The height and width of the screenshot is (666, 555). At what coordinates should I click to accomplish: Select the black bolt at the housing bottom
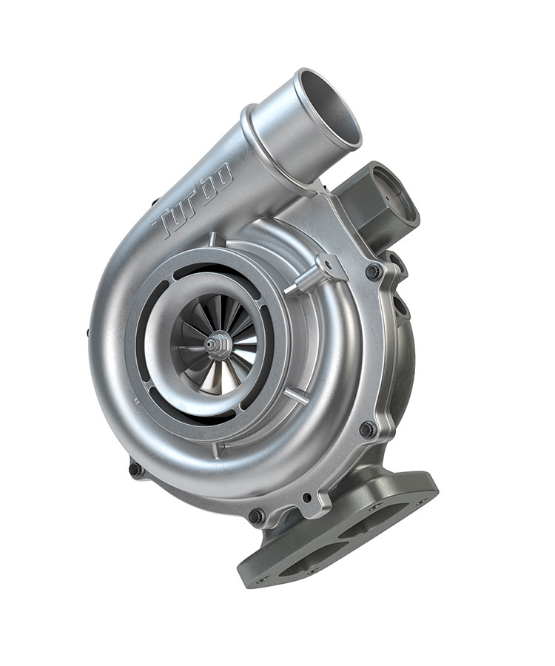pos(255,516)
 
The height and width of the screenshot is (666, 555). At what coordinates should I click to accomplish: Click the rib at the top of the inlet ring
pos(213,240)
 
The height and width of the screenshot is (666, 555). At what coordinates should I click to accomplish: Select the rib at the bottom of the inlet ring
pos(215,448)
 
